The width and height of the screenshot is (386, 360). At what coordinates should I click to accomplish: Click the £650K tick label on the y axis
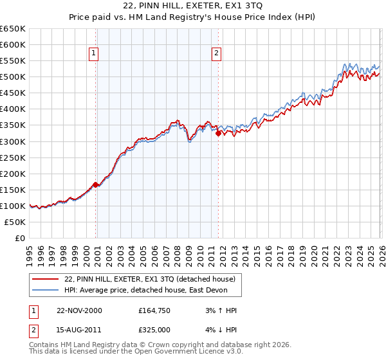[x=13, y=29]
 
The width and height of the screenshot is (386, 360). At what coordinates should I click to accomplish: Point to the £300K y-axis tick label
[x=13, y=141]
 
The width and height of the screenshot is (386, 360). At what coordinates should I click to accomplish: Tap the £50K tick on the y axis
[x=15, y=222]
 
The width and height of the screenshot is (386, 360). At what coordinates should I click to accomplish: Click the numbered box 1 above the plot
[x=94, y=54]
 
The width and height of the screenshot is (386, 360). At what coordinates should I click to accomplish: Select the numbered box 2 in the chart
[x=216, y=54]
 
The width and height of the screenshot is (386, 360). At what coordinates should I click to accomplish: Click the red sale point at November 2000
[x=96, y=184]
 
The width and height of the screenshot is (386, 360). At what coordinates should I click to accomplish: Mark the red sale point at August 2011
[x=218, y=133]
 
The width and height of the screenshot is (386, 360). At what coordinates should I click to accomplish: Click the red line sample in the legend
[x=46, y=279]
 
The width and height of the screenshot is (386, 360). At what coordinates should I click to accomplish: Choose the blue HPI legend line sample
[x=46, y=290]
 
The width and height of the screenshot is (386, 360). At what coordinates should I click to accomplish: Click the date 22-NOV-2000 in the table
[x=79, y=310]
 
